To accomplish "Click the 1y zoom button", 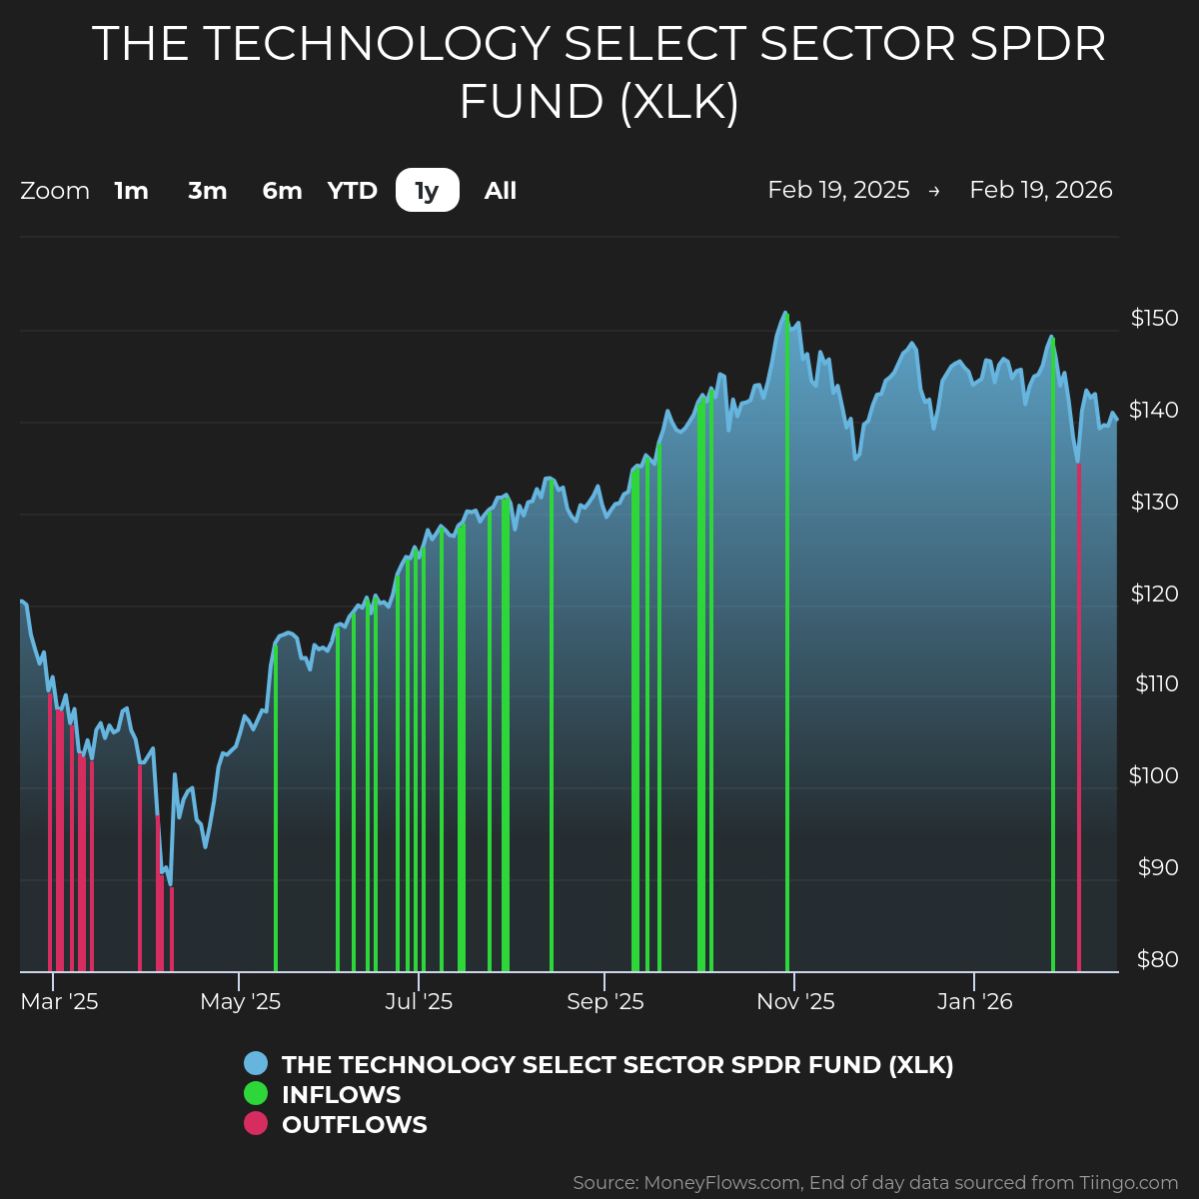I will coord(427,191).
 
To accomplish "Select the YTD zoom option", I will coord(353,191).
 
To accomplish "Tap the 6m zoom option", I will coord(282,191).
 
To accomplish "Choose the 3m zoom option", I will coord(208,191).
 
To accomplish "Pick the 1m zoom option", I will coord(131,191).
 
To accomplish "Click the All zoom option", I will coord(501,191).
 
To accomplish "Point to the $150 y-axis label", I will coord(1154,319).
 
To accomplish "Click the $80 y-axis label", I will coord(1157,960).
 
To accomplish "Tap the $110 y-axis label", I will coord(1156,684).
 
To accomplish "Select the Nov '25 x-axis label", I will coord(795,1002).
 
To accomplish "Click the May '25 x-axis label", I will coord(241,1002).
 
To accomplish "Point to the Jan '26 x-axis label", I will coord(975,1002).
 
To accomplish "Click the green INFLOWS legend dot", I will coord(256,1094).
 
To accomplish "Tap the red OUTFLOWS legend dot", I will coord(256,1124).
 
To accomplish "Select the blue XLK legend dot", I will coord(256,1064).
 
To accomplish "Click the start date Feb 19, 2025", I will coord(838,191).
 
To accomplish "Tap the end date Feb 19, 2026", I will coord(1040,191).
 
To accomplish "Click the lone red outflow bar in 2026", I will coord(1078,719).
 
